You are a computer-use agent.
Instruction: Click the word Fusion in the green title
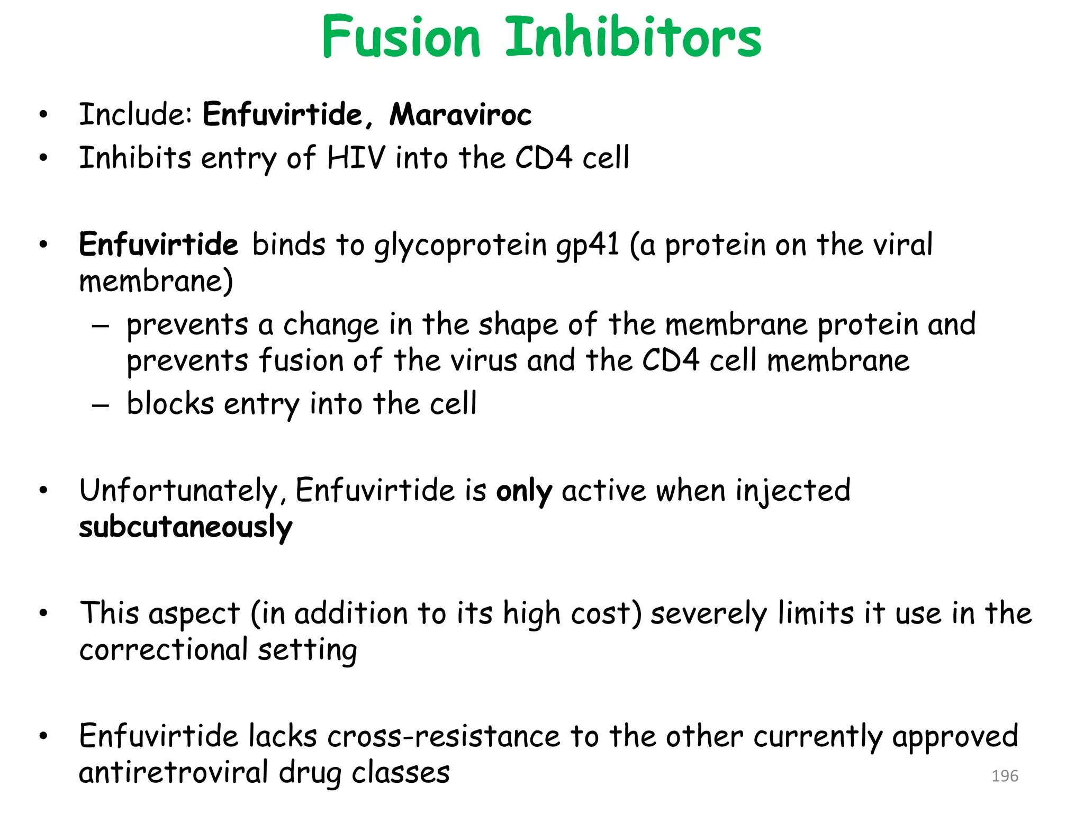click(401, 37)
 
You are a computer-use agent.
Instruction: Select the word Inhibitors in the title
click(633, 37)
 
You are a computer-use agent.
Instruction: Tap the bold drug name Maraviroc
click(460, 114)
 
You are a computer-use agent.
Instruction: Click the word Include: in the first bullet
click(135, 114)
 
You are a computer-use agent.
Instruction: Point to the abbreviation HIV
click(356, 158)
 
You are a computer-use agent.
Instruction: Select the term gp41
click(588, 246)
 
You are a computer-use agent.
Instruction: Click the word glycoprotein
click(460, 246)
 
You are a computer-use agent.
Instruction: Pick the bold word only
click(523, 491)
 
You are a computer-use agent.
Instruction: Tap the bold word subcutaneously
click(186, 527)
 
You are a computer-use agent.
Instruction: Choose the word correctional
click(164, 650)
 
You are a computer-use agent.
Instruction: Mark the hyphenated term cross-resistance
click(444, 736)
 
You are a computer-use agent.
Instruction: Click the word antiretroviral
click(174, 773)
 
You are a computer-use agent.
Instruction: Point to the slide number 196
click(1005, 776)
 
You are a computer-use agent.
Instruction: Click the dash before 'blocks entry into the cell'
click(101, 405)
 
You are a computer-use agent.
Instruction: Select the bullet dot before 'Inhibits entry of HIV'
click(43, 158)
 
